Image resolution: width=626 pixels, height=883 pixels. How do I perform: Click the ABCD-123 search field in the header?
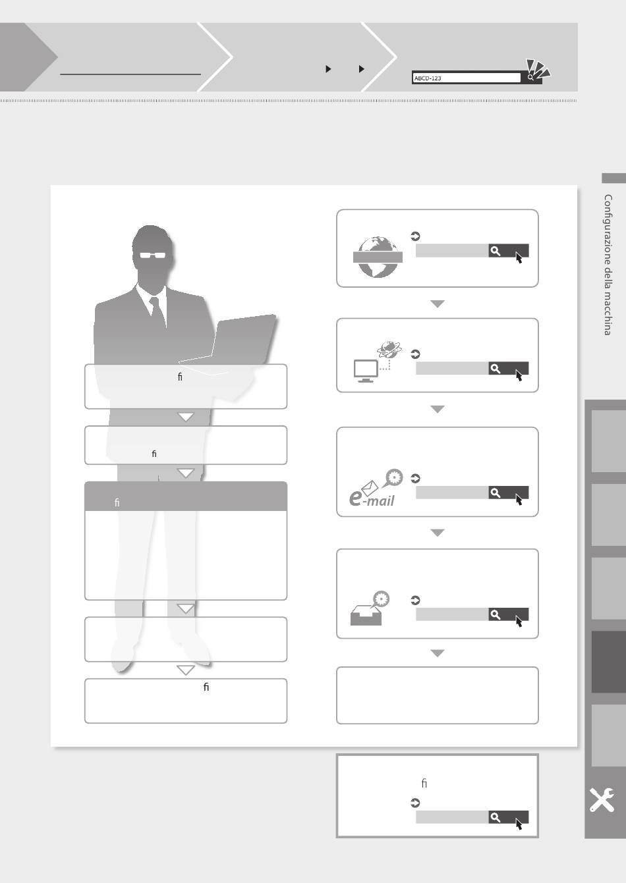467,78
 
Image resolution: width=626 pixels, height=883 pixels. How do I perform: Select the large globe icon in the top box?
378,257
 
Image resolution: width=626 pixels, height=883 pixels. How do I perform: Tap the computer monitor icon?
366,371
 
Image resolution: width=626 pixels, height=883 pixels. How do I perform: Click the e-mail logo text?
372,498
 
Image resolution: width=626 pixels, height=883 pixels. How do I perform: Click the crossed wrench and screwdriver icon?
602,800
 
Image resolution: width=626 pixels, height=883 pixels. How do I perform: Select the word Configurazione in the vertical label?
608,228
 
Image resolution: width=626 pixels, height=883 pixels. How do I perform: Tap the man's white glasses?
153,255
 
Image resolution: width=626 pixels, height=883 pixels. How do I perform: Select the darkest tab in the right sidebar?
608,662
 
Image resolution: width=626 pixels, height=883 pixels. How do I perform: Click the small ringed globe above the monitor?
389,348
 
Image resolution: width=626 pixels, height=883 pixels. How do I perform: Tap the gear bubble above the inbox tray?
381,599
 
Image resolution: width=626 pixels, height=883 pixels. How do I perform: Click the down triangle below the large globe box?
438,304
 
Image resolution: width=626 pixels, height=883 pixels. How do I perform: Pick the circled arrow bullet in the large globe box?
415,236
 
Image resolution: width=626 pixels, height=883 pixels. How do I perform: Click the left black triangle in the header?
328,69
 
